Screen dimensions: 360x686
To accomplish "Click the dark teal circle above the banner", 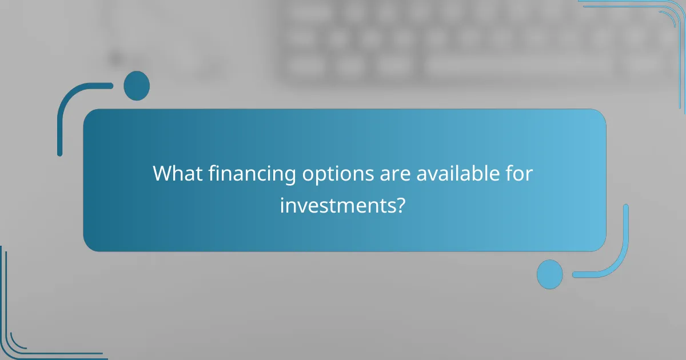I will pos(137,86).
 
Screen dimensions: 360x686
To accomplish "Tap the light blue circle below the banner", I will pos(550,274).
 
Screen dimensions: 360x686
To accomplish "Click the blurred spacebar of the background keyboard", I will pos(517,67).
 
